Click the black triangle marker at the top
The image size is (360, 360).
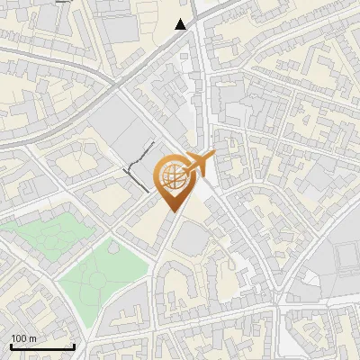[182, 24]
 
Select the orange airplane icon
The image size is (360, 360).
[198, 164]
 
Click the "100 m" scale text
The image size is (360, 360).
[23, 337]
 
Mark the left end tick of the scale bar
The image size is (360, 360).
[11, 345]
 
